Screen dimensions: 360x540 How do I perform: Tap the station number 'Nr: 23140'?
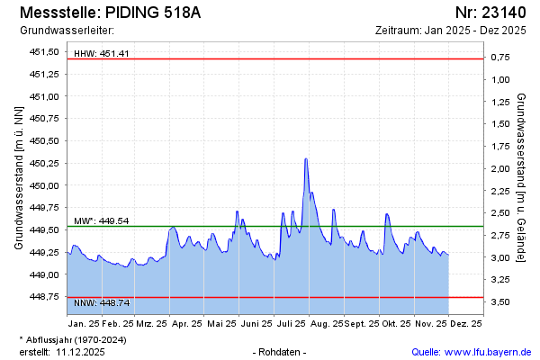pyautogui.click(x=490, y=13)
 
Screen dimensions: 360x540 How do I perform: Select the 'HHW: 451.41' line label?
pyautogui.click(x=102, y=53)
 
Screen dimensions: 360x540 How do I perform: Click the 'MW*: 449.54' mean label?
pyautogui.click(x=102, y=220)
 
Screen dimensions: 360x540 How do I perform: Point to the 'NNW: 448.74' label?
pyautogui.click(x=102, y=302)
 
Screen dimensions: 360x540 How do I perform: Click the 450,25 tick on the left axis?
pyautogui.click(x=44, y=163)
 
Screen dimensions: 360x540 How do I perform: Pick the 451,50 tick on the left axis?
pyautogui.click(x=44, y=51)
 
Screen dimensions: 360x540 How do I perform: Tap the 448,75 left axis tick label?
pyautogui.click(x=44, y=296)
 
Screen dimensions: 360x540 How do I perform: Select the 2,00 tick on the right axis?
pyautogui.click(x=499, y=168)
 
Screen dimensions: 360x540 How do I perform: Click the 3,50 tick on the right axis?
pyautogui.click(x=499, y=302)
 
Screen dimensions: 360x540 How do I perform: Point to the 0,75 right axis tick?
pyautogui.click(x=499, y=57)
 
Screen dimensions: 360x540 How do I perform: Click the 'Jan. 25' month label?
pyautogui.click(x=84, y=322)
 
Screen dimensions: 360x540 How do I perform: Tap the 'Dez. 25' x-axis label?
pyautogui.click(x=465, y=322)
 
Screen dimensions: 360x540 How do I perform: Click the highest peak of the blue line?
pyautogui.click(x=306, y=159)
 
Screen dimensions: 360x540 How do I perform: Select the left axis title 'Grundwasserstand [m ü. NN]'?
pyautogui.click(x=18, y=176)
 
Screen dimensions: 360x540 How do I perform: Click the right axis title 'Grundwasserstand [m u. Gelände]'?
pyautogui.click(x=523, y=176)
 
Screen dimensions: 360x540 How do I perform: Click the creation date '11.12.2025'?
pyautogui.click(x=81, y=352)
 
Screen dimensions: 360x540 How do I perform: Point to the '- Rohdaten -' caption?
pyautogui.click(x=281, y=352)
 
